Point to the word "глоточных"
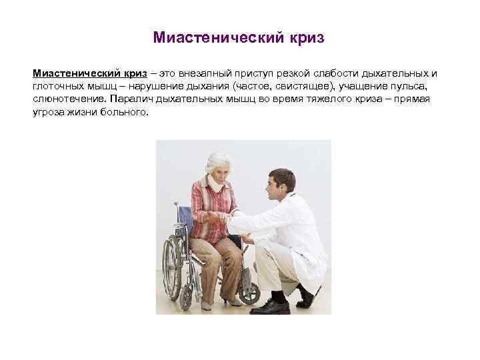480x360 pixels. tap(58, 86)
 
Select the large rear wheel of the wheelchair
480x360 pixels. tap(172, 267)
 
